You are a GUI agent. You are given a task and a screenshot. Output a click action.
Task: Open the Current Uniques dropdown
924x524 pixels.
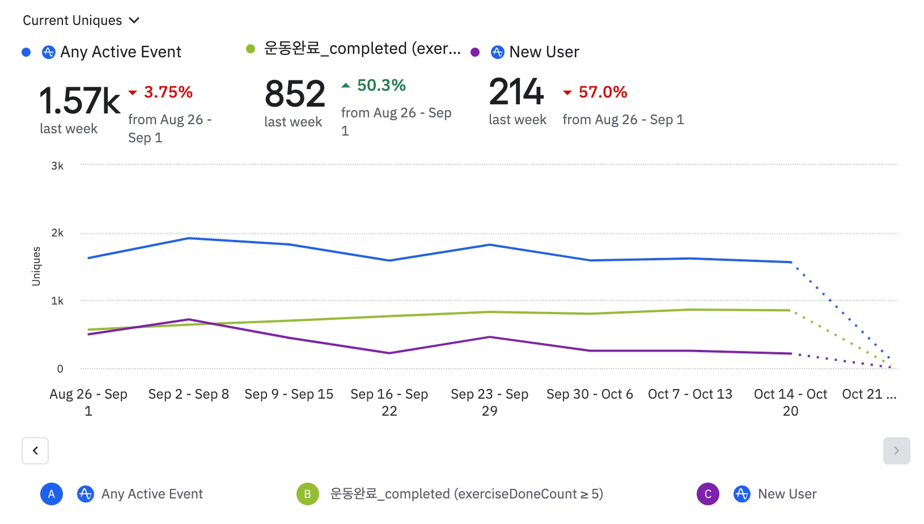pyautogui.click(x=80, y=20)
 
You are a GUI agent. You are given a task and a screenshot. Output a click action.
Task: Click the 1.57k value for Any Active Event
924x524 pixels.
pyautogui.click(x=79, y=101)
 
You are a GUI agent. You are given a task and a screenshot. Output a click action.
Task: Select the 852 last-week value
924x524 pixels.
pyautogui.click(x=295, y=94)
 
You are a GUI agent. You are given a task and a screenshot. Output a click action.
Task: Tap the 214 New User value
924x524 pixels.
pyautogui.click(x=516, y=92)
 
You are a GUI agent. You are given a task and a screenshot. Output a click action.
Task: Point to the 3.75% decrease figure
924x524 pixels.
pyautogui.click(x=168, y=92)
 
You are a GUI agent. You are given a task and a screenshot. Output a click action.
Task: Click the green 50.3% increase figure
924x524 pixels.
pyautogui.click(x=381, y=86)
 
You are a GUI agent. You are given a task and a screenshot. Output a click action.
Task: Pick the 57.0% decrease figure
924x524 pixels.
pyautogui.click(x=603, y=92)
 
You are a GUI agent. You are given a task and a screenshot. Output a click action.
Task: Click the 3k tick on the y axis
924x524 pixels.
pyautogui.click(x=57, y=166)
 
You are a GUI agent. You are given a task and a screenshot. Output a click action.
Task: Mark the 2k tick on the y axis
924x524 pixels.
pyautogui.click(x=57, y=233)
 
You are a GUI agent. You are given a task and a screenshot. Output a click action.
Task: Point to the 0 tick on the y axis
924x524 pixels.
pyautogui.click(x=60, y=369)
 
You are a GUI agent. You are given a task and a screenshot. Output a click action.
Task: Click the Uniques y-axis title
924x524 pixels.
pyautogui.click(x=36, y=266)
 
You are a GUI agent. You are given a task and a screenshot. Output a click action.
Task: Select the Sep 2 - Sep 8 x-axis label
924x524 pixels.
pyautogui.click(x=188, y=394)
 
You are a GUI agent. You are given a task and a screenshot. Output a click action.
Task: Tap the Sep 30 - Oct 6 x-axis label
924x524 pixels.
pyautogui.click(x=590, y=394)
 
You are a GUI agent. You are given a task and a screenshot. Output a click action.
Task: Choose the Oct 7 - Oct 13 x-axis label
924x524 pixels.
pyautogui.click(x=690, y=394)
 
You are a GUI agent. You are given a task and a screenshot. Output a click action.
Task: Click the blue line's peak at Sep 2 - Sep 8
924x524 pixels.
pyautogui.click(x=189, y=238)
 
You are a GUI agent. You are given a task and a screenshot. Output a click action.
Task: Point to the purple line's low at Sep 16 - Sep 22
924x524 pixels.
pyautogui.click(x=389, y=353)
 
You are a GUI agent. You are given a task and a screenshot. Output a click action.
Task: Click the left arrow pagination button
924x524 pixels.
pyautogui.click(x=35, y=451)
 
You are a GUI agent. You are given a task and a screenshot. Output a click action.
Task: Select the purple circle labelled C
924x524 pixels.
pyautogui.click(x=707, y=494)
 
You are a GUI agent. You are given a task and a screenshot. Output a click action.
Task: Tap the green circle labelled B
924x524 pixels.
pyautogui.click(x=307, y=494)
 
